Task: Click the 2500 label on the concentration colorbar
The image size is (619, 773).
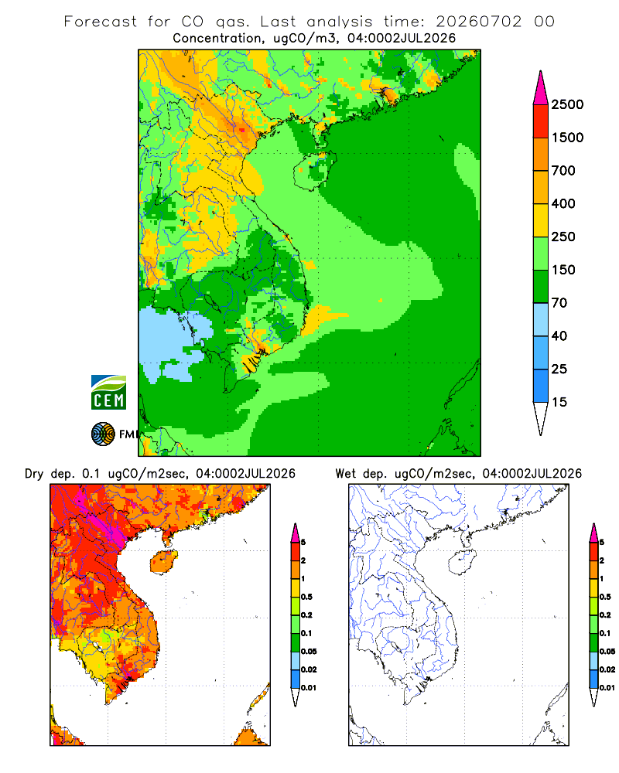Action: coord(567,104)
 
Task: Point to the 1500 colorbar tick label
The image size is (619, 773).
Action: coord(567,138)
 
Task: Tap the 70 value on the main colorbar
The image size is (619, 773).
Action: coord(559,303)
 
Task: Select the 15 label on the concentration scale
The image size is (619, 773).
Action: coord(559,402)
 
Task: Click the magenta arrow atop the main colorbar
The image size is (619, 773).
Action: coord(541,89)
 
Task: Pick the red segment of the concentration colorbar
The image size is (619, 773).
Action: coord(541,121)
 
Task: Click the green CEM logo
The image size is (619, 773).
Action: coord(108,393)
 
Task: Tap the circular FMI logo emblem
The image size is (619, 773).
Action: coord(103,434)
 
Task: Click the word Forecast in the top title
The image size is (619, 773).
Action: coord(101,22)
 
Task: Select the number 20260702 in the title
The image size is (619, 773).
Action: coord(478,22)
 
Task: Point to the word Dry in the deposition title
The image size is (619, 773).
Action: coord(34,474)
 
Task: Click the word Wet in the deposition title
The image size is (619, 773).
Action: coord(345,474)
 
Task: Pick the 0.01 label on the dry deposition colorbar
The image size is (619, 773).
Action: coord(309,688)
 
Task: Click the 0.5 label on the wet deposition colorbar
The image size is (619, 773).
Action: coord(605,597)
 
